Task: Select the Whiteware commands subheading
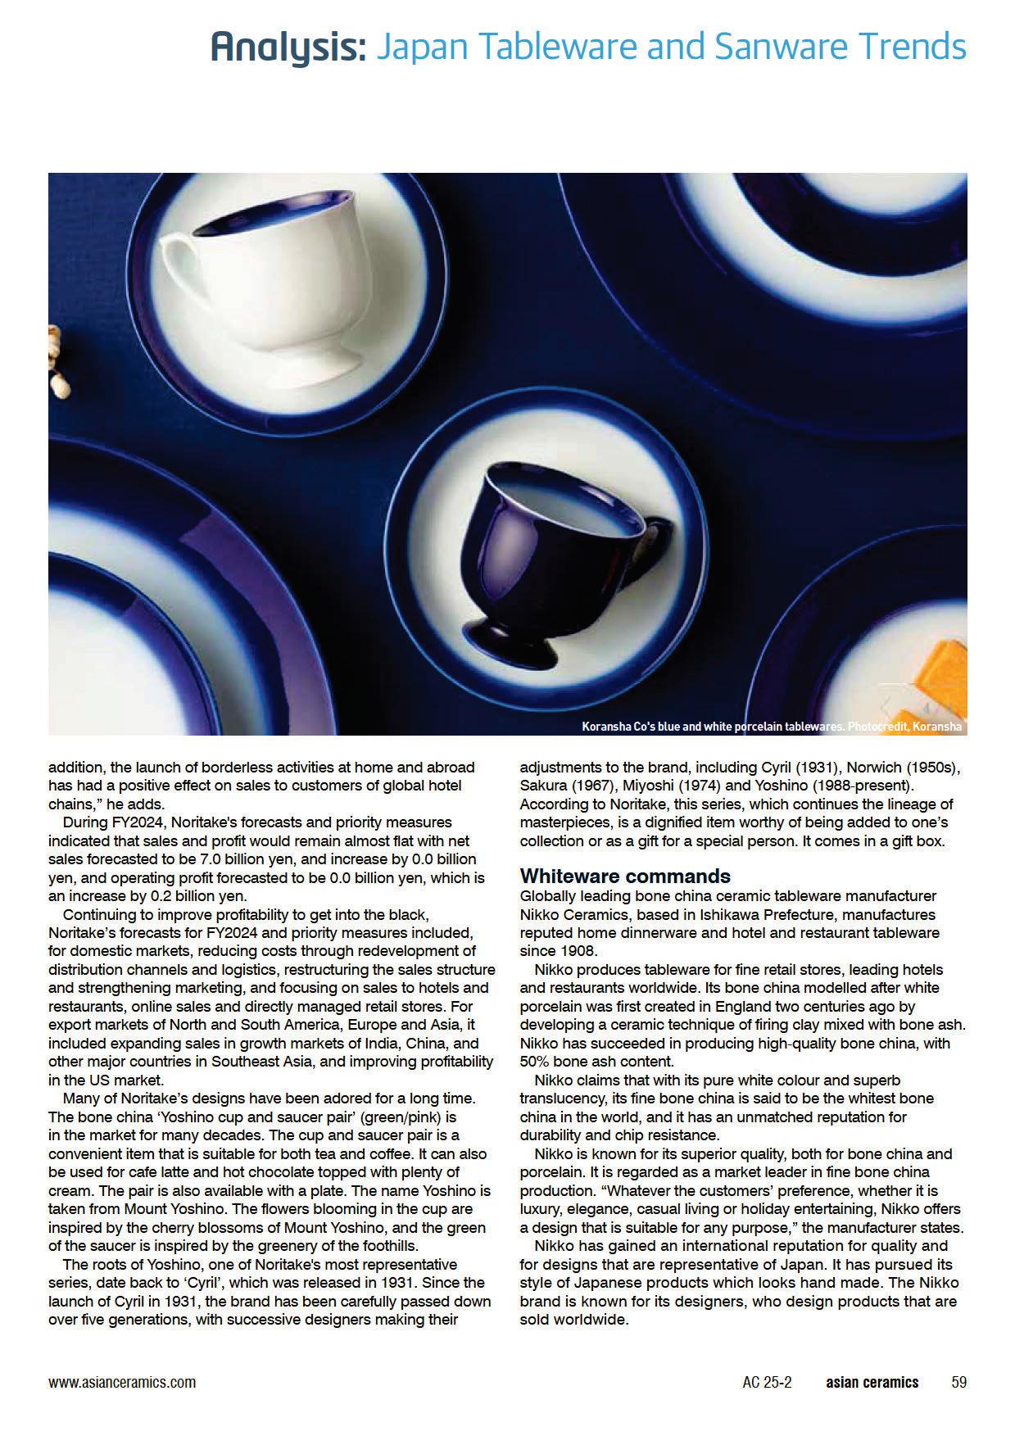tap(625, 877)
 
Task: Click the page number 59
tap(958, 1382)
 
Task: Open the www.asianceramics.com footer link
tap(122, 1382)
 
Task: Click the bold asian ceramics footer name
tap(872, 1382)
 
